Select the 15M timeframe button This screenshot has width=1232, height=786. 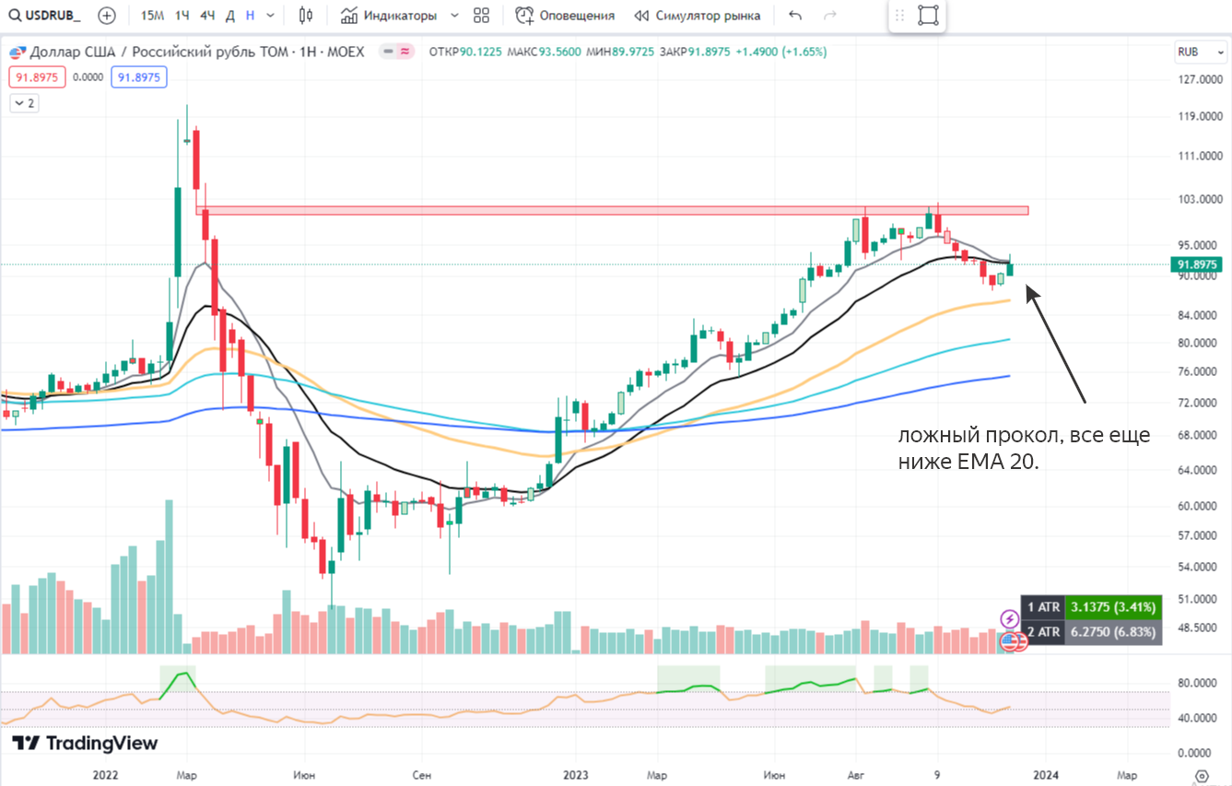point(153,16)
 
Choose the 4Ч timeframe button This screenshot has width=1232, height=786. point(207,16)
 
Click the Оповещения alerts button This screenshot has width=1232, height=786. point(565,16)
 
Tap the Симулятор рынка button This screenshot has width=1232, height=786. point(698,16)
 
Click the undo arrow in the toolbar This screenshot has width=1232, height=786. point(796,16)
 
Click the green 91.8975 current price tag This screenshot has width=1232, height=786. point(1198,265)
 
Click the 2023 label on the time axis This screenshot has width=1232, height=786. point(576,775)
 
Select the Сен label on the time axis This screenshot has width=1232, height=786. point(421,775)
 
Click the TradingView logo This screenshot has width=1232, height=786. point(85,744)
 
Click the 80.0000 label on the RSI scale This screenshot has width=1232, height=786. point(1194,683)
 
